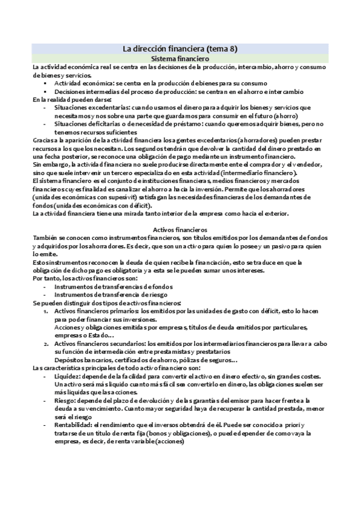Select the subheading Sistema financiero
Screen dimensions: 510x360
(x=180, y=59)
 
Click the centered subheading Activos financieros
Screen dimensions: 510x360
(x=180, y=229)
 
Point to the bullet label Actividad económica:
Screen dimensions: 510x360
(x=81, y=83)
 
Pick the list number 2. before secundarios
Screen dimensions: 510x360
(x=46, y=343)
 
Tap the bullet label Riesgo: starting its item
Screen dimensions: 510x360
(x=65, y=400)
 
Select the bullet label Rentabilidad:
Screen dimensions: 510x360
(x=75, y=425)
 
